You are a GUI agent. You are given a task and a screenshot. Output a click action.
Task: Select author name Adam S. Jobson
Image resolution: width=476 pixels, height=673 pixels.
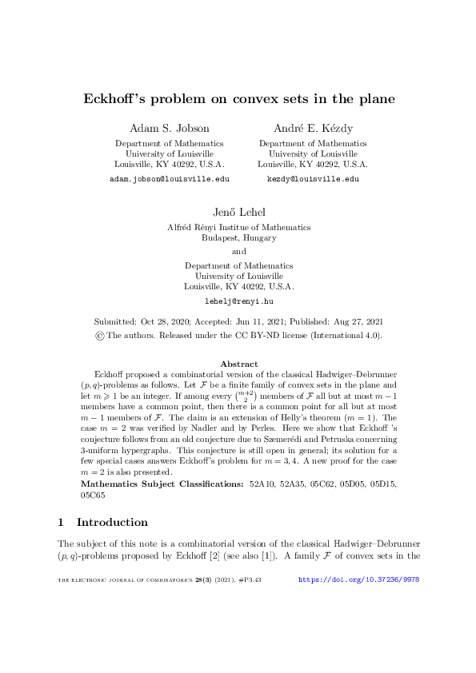[169, 128]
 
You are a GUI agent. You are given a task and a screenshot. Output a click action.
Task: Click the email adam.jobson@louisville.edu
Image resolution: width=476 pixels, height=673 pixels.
[169, 180]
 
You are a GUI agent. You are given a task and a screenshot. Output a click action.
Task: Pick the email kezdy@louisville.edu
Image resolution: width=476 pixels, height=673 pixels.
[313, 180]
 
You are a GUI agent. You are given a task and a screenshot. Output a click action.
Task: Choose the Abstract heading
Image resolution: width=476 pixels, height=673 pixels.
[238, 364]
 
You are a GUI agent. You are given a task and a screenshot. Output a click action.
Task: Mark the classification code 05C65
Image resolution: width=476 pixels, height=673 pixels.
[94, 472]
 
